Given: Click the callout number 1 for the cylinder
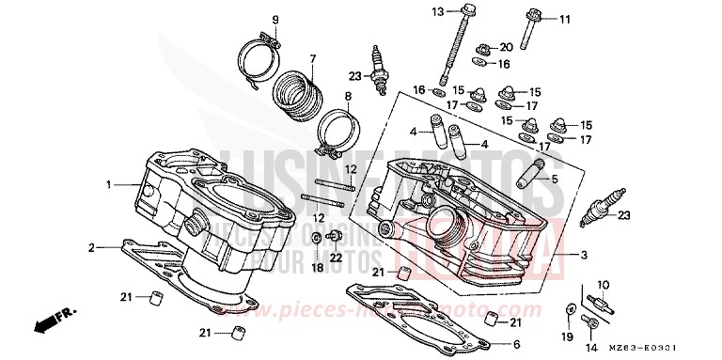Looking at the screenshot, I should pyautogui.click(x=110, y=184).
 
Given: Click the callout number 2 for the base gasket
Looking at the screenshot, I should pyautogui.click(x=92, y=248).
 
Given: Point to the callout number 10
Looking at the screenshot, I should pyautogui.click(x=604, y=284).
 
